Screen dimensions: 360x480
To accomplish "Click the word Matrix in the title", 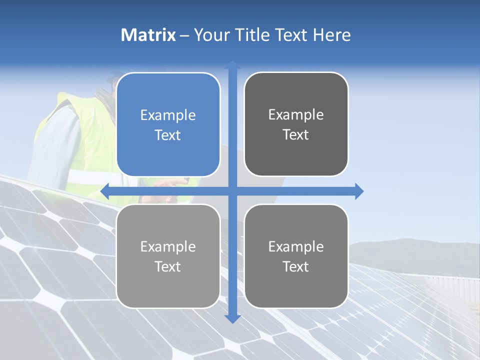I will pos(148,35).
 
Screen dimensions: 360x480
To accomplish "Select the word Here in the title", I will pos(331,35).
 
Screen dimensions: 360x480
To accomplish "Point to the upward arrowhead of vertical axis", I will pos(232,64).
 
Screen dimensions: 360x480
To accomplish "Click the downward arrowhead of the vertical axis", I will pos(232,318).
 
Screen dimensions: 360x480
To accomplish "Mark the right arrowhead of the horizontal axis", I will pos(359,191).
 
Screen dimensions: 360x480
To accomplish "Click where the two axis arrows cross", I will pos(232,191).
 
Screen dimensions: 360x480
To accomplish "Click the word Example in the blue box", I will pos(168,115).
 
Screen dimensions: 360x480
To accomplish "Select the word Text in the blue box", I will pos(168,135).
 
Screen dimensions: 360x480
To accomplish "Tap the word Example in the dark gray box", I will pos(296,115).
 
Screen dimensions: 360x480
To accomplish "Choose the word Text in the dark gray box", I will pos(296,134).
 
